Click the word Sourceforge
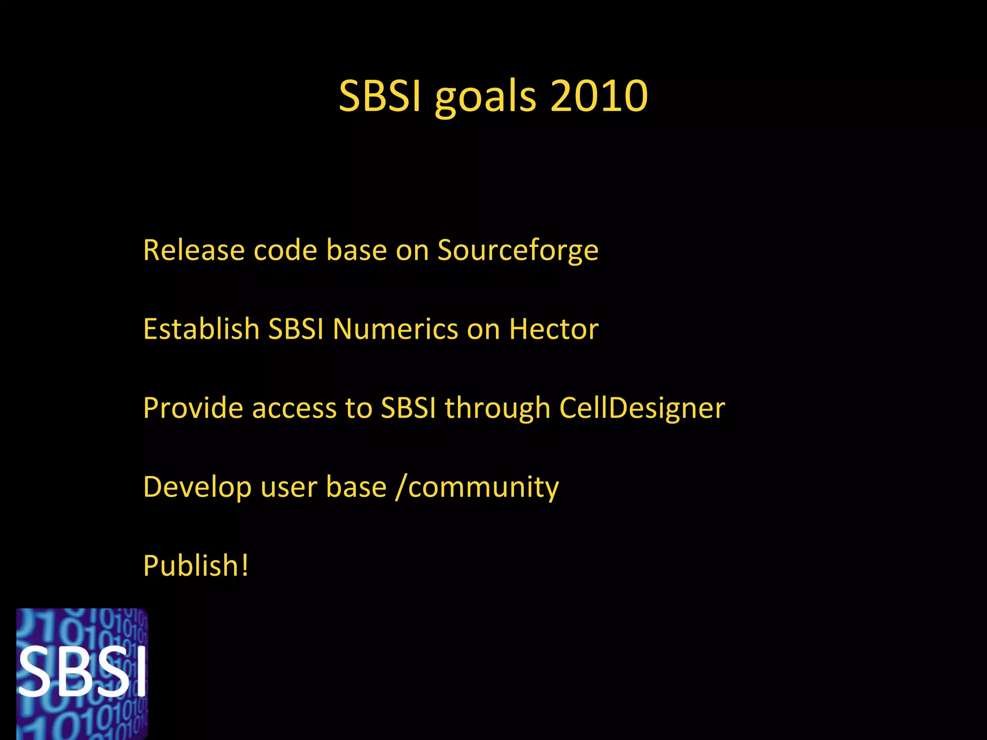click(518, 251)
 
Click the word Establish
click(201, 329)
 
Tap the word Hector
click(554, 329)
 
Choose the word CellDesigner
click(642, 408)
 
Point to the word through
click(497, 409)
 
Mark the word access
click(294, 408)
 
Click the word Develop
click(197, 487)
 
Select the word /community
click(477, 487)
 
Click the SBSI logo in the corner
click(82, 674)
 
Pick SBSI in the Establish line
click(296, 329)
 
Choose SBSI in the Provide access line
click(408, 408)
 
